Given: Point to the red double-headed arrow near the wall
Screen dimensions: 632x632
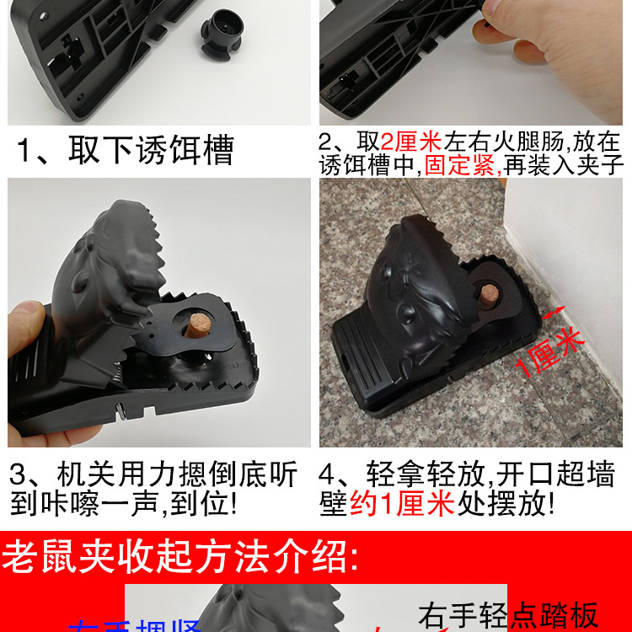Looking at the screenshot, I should (x=554, y=313).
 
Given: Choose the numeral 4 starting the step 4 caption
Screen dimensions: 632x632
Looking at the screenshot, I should (x=330, y=474).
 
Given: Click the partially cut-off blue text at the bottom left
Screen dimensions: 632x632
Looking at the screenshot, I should (x=135, y=625).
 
